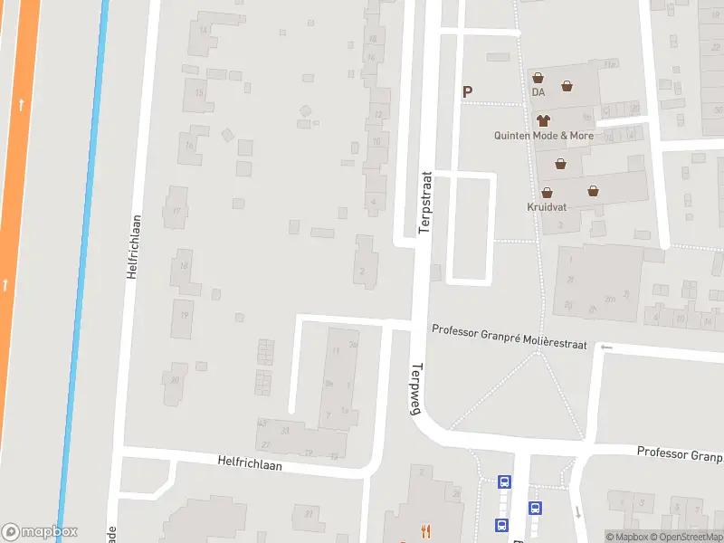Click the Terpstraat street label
coord(425,203)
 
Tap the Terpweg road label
coord(417,389)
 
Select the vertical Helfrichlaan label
coord(134,245)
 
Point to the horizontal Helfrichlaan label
coord(250,463)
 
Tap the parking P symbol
coord(468,91)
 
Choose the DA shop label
coord(538,92)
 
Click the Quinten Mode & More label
coord(543,136)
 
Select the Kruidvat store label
coord(547,206)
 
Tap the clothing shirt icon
coord(543,119)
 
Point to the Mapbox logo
coord(40,532)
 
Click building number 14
coord(204,30)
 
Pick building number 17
coord(176,211)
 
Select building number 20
coord(174,379)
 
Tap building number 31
coord(309,514)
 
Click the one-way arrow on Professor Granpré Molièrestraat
coord(606,347)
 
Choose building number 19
coord(184,315)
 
